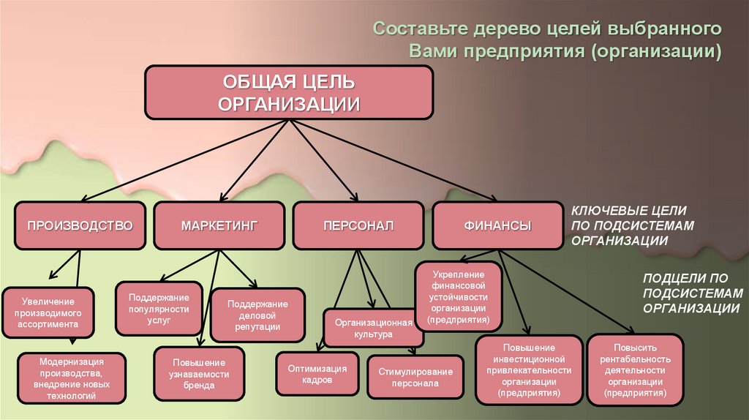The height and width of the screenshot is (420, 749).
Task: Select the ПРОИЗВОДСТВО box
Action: [x=80, y=225]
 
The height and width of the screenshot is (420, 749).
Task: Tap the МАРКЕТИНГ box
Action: [x=219, y=225]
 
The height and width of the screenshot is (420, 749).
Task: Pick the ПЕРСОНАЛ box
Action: [x=358, y=225]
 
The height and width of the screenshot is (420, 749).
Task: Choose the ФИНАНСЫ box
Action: [x=497, y=225]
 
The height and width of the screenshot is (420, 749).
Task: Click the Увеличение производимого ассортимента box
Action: [x=48, y=312]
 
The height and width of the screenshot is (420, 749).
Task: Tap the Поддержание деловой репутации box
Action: [x=258, y=315]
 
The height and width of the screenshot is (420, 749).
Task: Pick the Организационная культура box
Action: [x=374, y=328]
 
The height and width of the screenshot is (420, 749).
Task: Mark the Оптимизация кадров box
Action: [x=317, y=375]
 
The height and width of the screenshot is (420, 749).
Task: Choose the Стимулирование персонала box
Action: [x=415, y=377]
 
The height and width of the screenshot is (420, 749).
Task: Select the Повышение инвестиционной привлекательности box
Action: [x=529, y=370]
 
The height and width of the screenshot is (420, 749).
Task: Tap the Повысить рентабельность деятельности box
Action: [x=636, y=370]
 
